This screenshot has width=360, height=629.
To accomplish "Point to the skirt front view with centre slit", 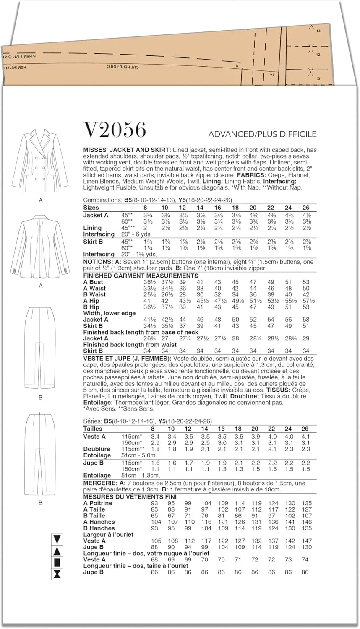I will (41, 348).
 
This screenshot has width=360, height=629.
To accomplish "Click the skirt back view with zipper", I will (41, 453).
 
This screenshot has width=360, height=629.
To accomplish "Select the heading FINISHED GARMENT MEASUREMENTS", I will (141, 276).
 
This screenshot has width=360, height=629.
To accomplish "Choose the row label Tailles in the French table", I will (93, 429).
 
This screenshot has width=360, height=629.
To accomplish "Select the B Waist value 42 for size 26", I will (306, 295).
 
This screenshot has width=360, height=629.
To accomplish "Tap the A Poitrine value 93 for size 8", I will (154, 503).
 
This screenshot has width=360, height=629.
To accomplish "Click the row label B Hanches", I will (99, 528).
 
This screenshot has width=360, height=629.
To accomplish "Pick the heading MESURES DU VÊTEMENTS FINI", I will (130, 497).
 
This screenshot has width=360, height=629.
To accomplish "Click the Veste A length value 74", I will (305, 559).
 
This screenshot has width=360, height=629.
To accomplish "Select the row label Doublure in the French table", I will (97, 449).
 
